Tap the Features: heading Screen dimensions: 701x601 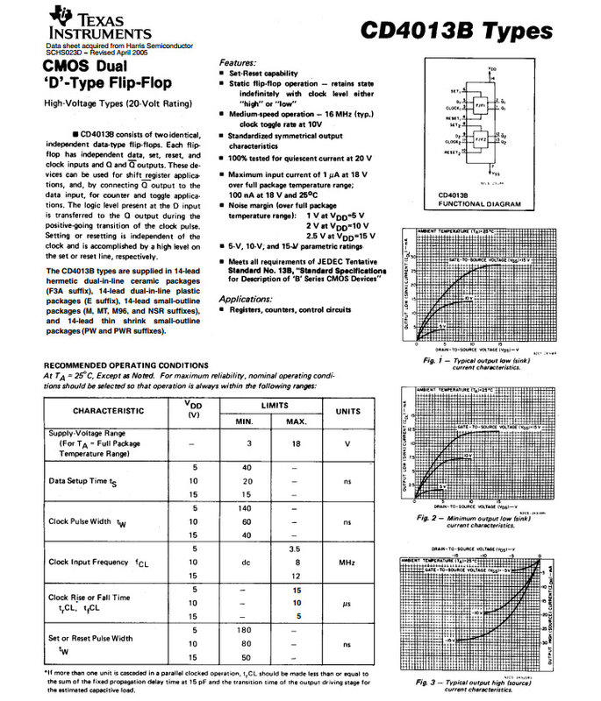[239, 63]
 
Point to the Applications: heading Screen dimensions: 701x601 [252, 298]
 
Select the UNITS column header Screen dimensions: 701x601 [347, 409]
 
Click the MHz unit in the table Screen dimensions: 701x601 [347, 562]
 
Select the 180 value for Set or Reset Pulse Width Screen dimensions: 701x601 [247, 629]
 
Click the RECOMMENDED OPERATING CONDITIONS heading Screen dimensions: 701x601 [126, 365]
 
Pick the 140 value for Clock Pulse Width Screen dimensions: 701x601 [247, 508]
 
